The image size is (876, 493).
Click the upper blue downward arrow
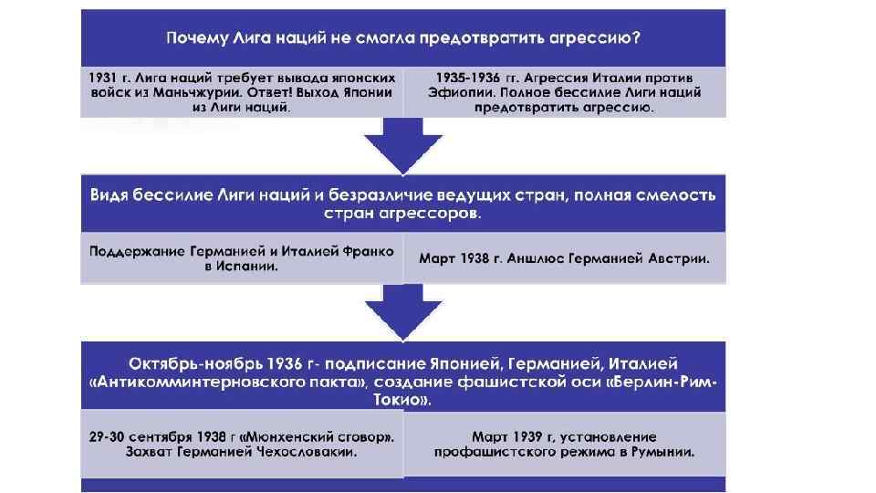tap(402, 146)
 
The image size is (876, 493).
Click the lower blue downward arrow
tap(402, 312)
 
